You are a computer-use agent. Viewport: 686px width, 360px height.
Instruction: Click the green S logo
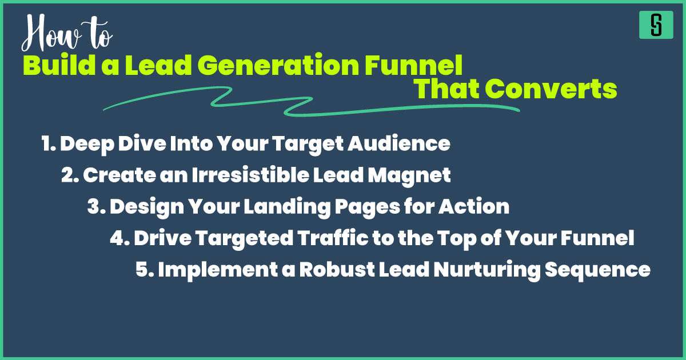(x=656, y=25)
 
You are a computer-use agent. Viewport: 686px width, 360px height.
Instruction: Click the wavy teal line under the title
(x=309, y=106)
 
